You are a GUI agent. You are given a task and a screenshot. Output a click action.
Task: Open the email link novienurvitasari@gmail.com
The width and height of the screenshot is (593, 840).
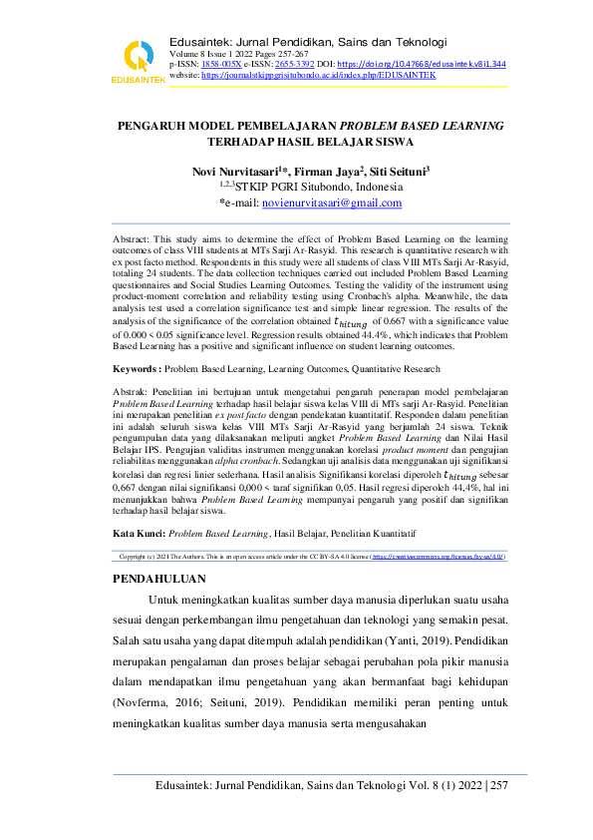[x=331, y=203]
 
